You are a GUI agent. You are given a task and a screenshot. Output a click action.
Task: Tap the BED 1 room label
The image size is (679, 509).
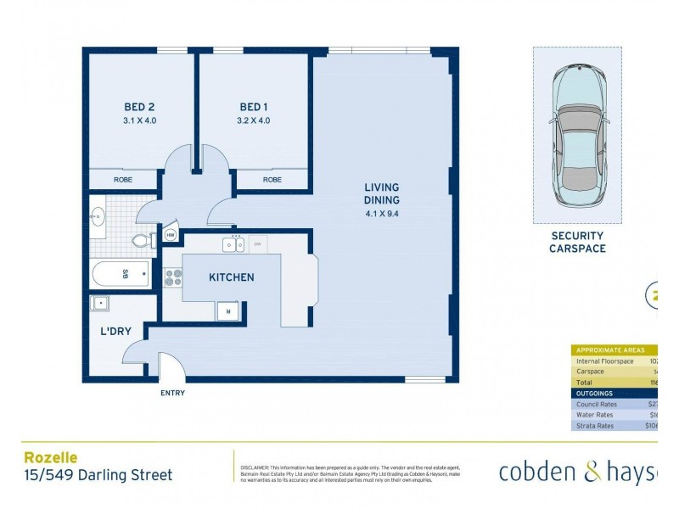click(x=254, y=107)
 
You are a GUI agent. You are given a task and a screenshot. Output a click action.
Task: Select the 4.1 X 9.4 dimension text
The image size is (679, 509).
click(x=381, y=214)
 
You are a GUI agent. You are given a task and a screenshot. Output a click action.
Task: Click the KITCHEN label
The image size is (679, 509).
click(x=232, y=277)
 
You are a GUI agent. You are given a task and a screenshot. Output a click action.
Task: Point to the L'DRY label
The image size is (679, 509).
click(x=115, y=331)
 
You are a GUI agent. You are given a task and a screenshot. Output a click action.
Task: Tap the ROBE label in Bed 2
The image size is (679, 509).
click(x=124, y=180)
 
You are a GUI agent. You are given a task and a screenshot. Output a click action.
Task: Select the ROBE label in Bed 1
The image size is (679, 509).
click(x=272, y=180)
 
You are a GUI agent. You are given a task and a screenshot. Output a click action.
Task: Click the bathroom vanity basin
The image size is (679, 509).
click(x=98, y=215)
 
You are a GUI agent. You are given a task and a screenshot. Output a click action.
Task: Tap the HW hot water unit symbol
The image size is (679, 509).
click(x=170, y=235)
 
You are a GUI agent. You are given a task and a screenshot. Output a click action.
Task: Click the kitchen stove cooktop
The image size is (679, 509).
click(x=173, y=277)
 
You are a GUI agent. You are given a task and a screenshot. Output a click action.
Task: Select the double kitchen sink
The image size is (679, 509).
click(x=235, y=245)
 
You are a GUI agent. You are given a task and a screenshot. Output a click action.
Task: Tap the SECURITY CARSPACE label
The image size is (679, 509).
click(x=578, y=242)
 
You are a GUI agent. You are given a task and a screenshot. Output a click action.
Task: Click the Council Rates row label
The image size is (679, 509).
click(x=595, y=404)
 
